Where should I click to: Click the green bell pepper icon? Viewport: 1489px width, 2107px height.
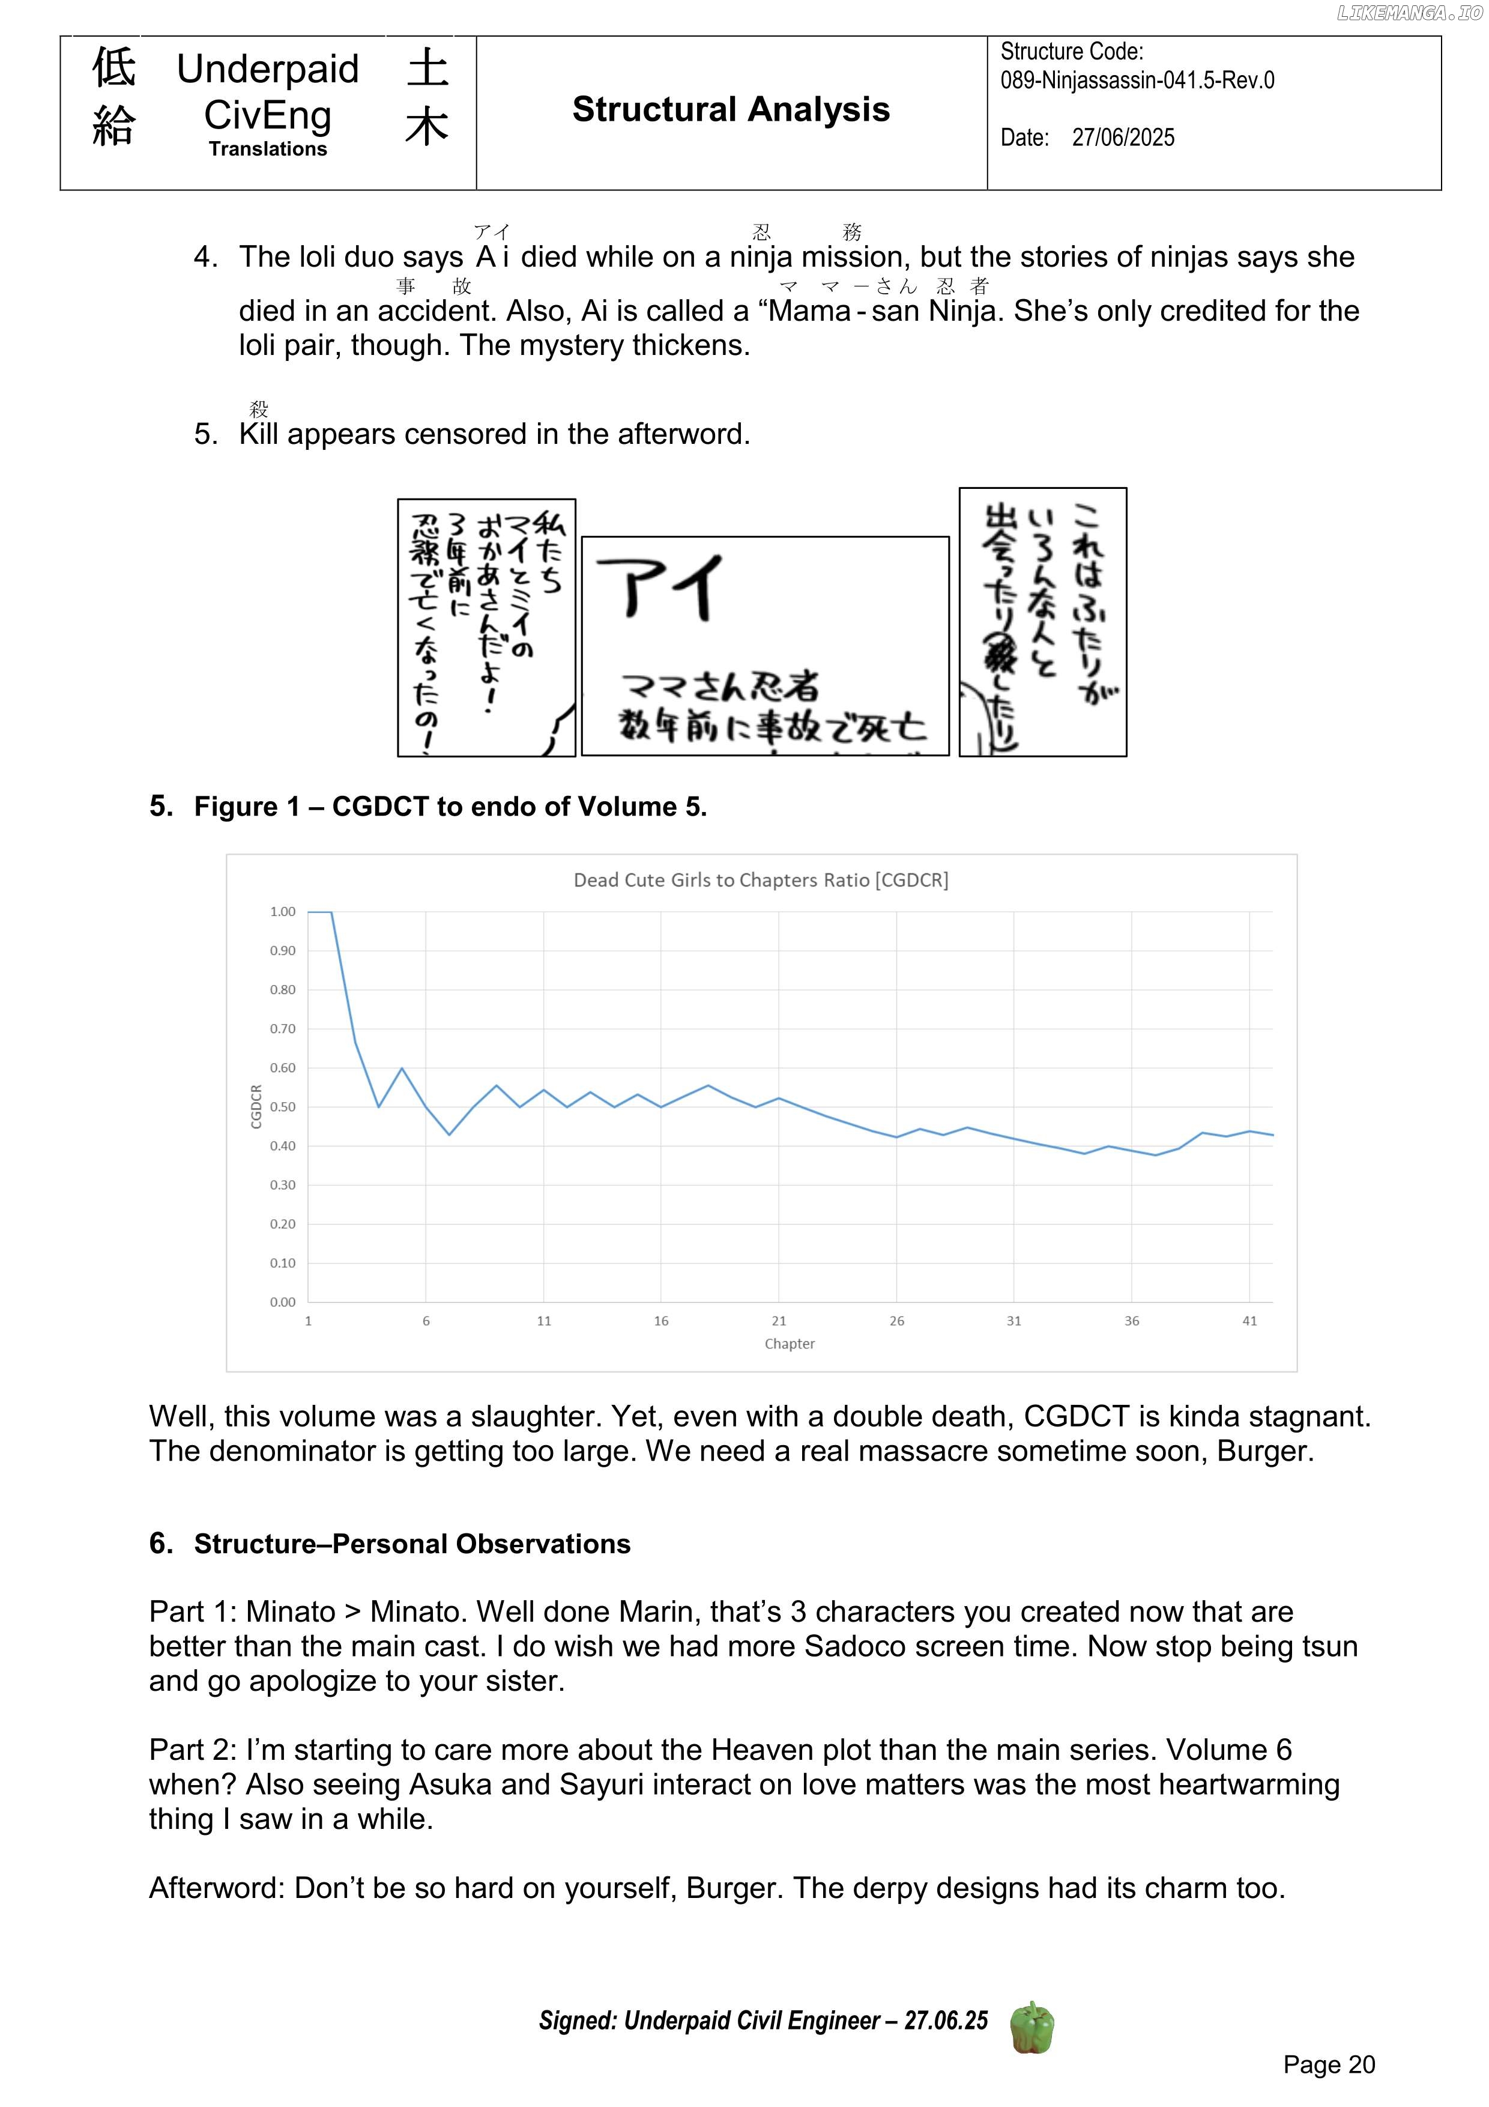click(x=1031, y=2027)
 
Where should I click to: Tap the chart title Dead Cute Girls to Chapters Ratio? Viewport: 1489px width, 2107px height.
click(x=761, y=880)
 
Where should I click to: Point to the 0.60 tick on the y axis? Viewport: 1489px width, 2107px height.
click(x=283, y=1068)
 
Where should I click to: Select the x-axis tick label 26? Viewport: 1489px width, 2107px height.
click(x=896, y=1321)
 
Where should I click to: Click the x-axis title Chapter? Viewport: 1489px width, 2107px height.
click(x=789, y=1344)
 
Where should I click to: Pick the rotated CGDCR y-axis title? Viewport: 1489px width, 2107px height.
click(x=257, y=1107)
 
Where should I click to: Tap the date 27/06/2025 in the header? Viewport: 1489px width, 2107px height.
click(x=1123, y=138)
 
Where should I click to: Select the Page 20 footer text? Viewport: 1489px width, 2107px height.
click(x=1329, y=2065)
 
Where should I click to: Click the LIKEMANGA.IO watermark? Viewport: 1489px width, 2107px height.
click(x=1409, y=13)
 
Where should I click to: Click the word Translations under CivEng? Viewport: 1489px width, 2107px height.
click(x=267, y=149)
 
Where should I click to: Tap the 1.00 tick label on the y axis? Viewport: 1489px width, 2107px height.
click(x=283, y=911)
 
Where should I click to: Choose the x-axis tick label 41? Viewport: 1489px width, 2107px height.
click(x=1249, y=1321)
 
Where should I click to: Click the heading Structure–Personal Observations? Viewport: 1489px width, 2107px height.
click(x=412, y=1544)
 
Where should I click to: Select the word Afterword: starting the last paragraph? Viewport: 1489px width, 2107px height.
click(x=217, y=1888)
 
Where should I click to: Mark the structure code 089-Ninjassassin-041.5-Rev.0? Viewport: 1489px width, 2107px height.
click(x=1137, y=80)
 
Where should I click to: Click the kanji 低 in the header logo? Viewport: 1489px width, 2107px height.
click(x=113, y=68)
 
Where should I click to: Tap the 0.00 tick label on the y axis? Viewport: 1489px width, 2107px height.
click(x=283, y=1302)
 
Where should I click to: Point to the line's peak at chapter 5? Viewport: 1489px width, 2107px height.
click(x=402, y=1068)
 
